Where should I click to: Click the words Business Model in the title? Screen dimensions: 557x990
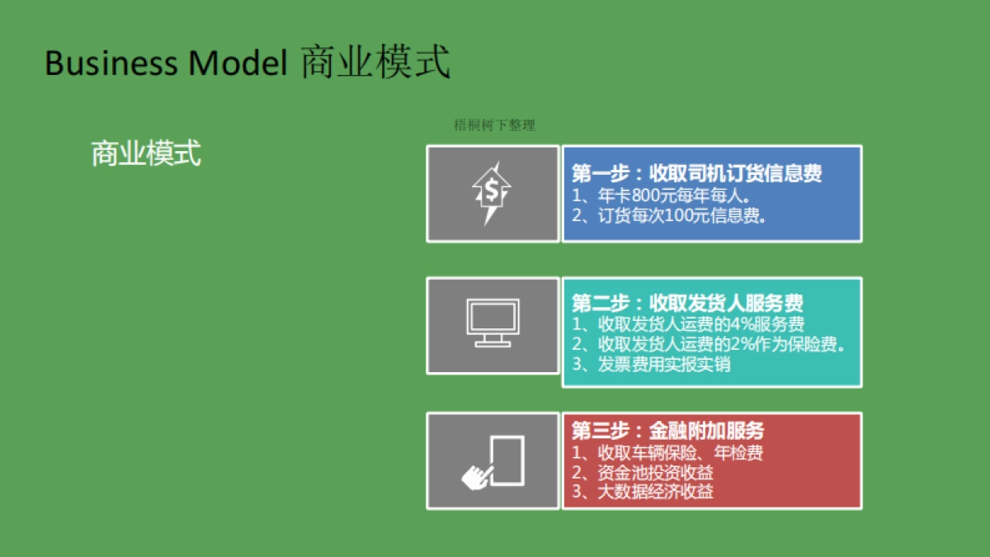(165, 64)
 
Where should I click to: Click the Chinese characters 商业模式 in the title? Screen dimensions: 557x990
(375, 64)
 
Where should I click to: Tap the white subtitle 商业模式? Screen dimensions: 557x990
(146, 153)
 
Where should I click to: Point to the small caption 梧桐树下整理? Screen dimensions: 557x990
(495, 125)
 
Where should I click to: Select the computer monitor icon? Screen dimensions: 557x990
(493, 323)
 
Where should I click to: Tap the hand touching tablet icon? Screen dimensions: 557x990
(493, 460)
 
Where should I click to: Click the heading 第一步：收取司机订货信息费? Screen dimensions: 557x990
(696, 174)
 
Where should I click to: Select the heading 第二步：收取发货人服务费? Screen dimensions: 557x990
(687, 303)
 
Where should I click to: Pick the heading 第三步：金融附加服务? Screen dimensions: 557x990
(667, 431)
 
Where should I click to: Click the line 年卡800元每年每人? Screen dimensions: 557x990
(660, 196)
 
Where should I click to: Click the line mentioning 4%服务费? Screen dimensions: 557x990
(688, 324)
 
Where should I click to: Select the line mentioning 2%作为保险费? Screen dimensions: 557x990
(709, 344)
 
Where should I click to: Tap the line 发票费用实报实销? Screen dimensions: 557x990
(652, 364)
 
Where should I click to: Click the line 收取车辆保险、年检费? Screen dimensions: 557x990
(667, 453)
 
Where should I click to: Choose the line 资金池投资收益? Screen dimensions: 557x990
(643, 473)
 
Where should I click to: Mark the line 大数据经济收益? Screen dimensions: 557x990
(643, 493)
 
